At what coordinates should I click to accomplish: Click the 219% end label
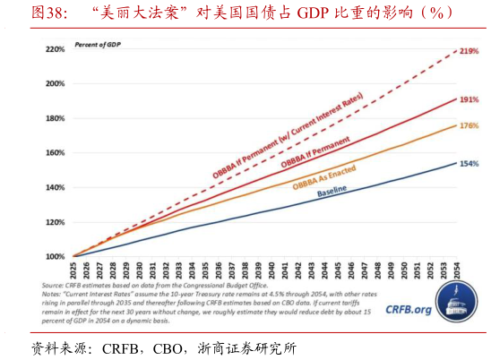point(468,52)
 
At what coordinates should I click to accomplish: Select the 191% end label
point(468,99)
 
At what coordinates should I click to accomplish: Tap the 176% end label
point(468,126)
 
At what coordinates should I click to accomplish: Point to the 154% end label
point(468,164)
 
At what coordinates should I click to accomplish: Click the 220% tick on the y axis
point(55,49)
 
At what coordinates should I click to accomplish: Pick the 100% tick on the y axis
point(55,256)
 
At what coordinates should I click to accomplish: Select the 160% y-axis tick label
point(55,153)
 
